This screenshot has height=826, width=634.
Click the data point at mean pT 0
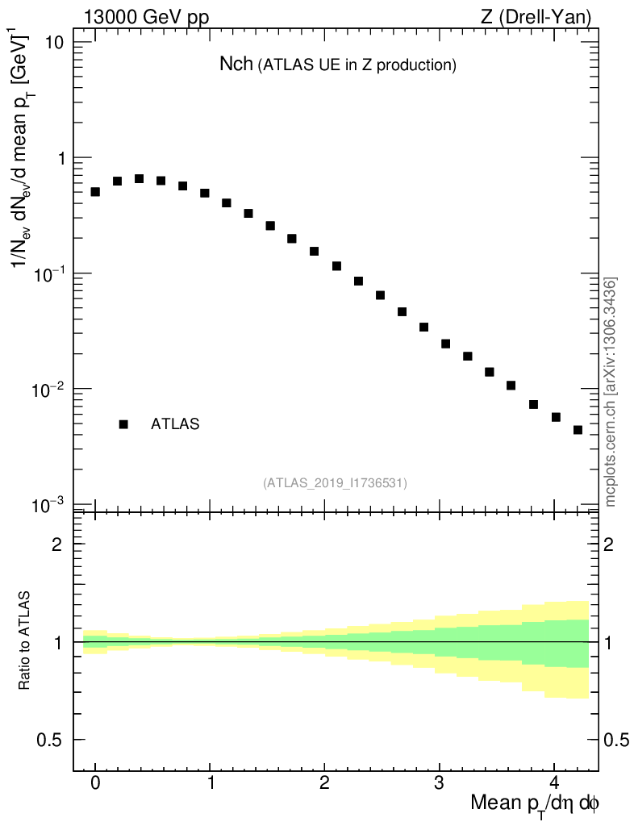(x=95, y=192)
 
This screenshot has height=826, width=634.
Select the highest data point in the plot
(x=139, y=179)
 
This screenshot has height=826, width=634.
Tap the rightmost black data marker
(x=578, y=430)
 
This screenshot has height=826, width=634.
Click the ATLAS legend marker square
(x=123, y=424)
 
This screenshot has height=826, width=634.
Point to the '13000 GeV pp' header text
(x=146, y=17)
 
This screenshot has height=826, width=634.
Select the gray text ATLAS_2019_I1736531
(x=335, y=483)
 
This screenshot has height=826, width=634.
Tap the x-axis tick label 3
(x=439, y=783)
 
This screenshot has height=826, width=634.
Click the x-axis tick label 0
(x=95, y=783)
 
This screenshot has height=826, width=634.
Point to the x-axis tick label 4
(x=554, y=783)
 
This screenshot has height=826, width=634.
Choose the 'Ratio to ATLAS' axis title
(x=25, y=641)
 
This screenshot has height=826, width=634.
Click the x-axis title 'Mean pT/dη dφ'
(x=536, y=804)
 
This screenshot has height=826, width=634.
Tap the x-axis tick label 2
(x=324, y=783)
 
